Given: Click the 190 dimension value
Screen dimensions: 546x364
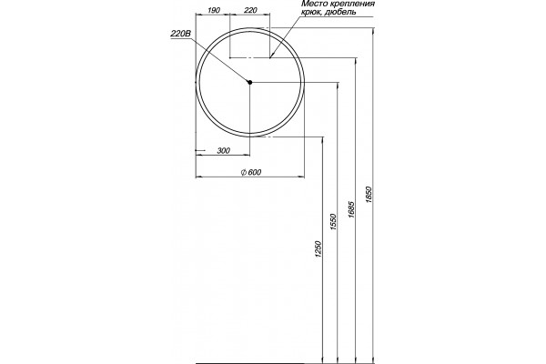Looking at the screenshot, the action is [x=214, y=10].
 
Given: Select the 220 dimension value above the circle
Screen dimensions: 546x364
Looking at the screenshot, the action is [x=250, y=10].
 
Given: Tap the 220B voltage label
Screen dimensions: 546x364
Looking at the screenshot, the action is [x=181, y=34].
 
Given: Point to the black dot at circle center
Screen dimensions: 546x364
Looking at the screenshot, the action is [x=249, y=82].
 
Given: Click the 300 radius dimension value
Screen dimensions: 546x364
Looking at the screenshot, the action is [x=223, y=150].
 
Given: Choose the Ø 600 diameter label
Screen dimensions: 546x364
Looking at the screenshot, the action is [x=251, y=172].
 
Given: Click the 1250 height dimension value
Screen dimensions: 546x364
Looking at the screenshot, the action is [x=318, y=249].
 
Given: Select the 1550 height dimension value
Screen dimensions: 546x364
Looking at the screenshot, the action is [x=333, y=222].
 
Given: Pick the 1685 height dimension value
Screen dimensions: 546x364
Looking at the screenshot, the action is [x=350, y=209].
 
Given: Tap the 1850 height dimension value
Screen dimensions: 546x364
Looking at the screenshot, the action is [x=369, y=196].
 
